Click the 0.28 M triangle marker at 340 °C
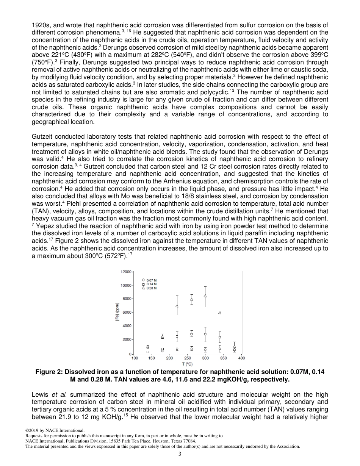pos(220,313)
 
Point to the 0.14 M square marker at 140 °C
pos(148,352)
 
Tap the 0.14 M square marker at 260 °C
pos(191,334)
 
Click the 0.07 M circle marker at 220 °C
pos(177,349)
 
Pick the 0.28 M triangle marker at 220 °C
pos(177,306)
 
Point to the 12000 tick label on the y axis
pos(126,272)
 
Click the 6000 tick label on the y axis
pos(127,313)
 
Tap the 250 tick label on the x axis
pos(188,358)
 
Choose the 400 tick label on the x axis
pos(241,358)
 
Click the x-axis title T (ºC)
pos(188,364)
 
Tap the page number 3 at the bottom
pos(180,454)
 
